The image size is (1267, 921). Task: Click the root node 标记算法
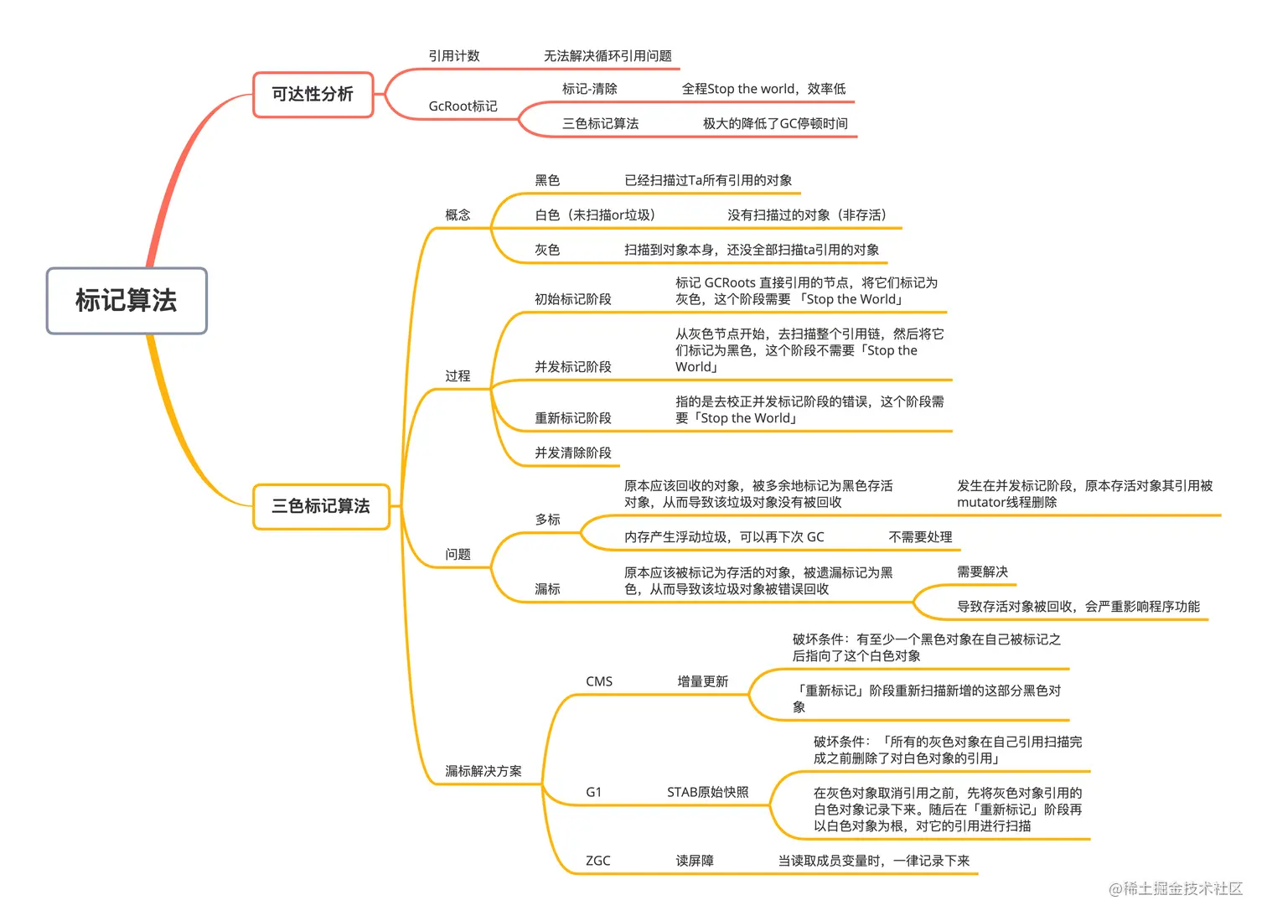pyautogui.click(x=127, y=301)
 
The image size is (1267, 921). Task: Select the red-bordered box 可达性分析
pyautogui.click(x=313, y=95)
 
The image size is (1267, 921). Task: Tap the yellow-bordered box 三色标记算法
pyautogui.click(x=321, y=506)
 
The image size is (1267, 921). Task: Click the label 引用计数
pyautogui.click(x=454, y=56)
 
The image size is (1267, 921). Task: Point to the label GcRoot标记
pyautogui.click(x=463, y=106)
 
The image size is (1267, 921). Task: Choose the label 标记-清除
pyautogui.click(x=589, y=89)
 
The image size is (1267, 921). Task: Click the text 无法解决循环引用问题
pyautogui.click(x=608, y=56)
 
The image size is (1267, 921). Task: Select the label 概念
pyautogui.click(x=458, y=215)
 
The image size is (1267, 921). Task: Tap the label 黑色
pyautogui.click(x=547, y=180)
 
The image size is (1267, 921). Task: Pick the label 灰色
pyautogui.click(x=547, y=250)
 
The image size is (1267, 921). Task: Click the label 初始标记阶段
pyautogui.click(x=573, y=299)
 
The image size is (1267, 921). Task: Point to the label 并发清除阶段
pyautogui.click(x=573, y=453)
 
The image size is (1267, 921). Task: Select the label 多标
pyautogui.click(x=547, y=520)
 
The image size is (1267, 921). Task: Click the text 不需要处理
pyautogui.click(x=920, y=537)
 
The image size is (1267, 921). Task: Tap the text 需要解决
pyautogui.click(x=982, y=572)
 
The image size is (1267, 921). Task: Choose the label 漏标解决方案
pyautogui.click(x=484, y=771)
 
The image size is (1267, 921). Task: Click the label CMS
pyautogui.click(x=599, y=681)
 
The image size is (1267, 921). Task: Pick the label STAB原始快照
pyautogui.click(x=708, y=792)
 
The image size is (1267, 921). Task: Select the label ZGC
pyautogui.click(x=598, y=861)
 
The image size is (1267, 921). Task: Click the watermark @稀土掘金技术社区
pyautogui.click(x=1175, y=888)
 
